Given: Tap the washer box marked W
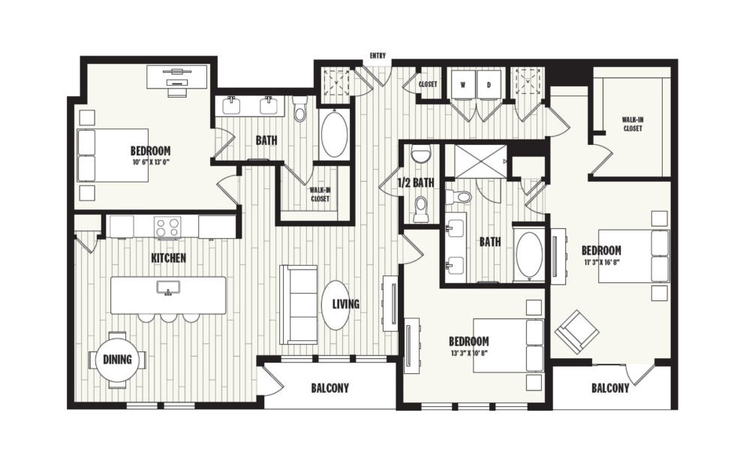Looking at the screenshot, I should pyautogui.click(x=463, y=85).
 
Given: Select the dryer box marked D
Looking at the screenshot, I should pyautogui.click(x=489, y=85).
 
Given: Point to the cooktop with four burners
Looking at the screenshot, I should pyautogui.click(x=166, y=226).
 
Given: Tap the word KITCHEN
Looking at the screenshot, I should pyautogui.click(x=168, y=258).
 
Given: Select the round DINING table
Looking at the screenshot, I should pyautogui.click(x=117, y=360).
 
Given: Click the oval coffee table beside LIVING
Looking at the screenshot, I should pyautogui.click(x=336, y=304).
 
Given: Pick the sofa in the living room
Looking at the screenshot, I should pyautogui.click(x=298, y=304).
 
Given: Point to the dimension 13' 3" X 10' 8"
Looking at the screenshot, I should pyautogui.click(x=469, y=353).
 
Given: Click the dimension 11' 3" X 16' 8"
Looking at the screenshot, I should pyautogui.click(x=601, y=261).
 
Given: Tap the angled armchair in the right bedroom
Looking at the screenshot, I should pyautogui.click(x=576, y=330).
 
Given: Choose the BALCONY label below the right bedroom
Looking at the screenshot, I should pyautogui.click(x=609, y=388).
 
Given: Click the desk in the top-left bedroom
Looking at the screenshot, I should pyautogui.click(x=177, y=77).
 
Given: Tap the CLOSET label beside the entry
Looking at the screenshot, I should pyautogui.click(x=428, y=84).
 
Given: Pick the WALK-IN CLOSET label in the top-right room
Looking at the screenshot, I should pyautogui.click(x=631, y=124).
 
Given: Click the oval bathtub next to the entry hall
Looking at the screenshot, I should pyautogui.click(x=334, y=134).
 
